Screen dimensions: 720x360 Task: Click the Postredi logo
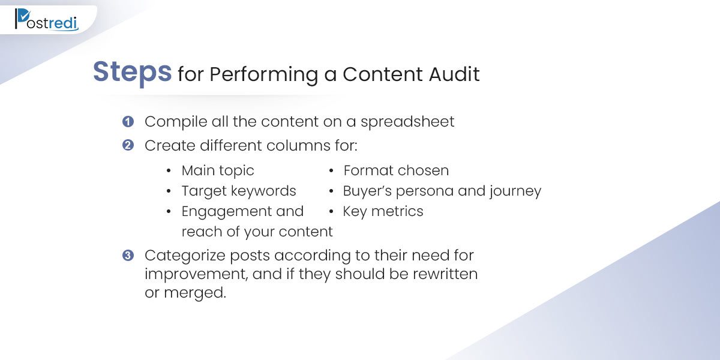pos(47,20)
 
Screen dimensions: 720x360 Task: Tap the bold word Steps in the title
pos(133,73)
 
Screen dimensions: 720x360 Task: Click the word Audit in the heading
pos(454,74)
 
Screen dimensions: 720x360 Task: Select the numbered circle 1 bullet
pos(128,121)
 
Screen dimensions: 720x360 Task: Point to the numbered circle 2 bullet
pos(128,145)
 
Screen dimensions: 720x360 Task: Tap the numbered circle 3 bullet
pos(128,256)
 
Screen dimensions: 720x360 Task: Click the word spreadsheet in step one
pos(407,122)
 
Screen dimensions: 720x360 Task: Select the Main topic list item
pos(218,170)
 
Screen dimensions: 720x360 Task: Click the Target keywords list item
pos(239,191)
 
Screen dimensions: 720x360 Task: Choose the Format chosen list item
pos(396,170)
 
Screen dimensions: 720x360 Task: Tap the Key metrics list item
pos(383,211)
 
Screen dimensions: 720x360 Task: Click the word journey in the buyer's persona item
pos(515,191)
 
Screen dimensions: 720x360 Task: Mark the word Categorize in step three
pos(185,256)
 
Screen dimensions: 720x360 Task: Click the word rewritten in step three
pos(445,274)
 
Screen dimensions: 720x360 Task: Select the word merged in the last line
pos(195,293)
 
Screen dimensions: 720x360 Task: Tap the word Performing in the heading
pos(263,75)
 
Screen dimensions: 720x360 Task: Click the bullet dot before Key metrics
pos(331,211)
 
